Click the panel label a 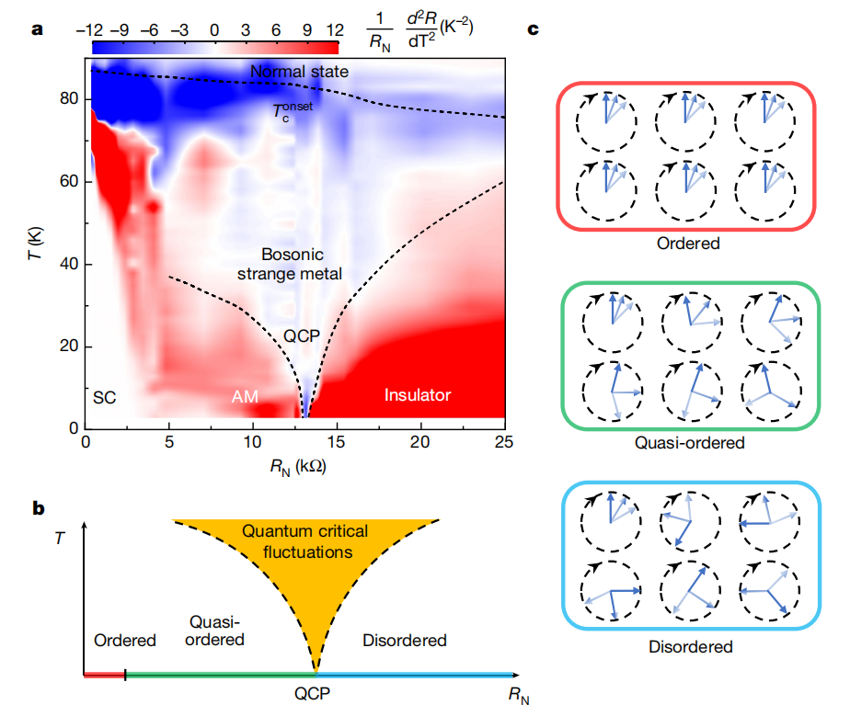coord(38,28)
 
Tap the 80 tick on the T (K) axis coord(68,99)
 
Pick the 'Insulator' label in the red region coord(417,395)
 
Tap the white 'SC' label coord(103,396)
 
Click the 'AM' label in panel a coord(244,397)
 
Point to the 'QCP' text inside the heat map coord(301,335)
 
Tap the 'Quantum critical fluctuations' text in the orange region coord(304,542)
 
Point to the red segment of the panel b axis coord(104,675)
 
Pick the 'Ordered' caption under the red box coord(687,244)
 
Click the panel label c coord(533,28)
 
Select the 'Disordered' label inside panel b coord(404,640)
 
